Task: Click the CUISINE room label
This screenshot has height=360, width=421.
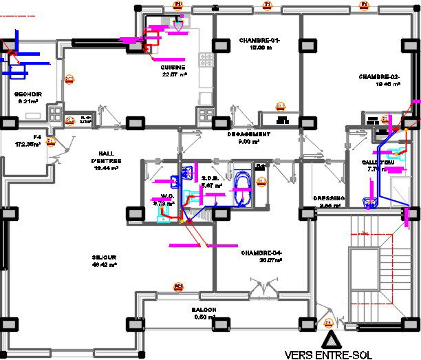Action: pyautogui.click(x=174, y=67)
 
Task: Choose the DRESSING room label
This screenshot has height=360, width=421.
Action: pyautogui.click(x=327, y=198)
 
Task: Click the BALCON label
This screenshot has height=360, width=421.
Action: pyautogui.click(x=204, y=310)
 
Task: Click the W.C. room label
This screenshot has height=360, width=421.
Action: pyautogui.click(x=164, y=196)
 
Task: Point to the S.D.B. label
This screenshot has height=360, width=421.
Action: pyautogui.click(x=210, y=178)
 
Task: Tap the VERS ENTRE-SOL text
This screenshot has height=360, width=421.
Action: pyautogui.click(x=332, y=354)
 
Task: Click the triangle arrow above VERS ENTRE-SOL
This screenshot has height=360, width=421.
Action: pyautogui.click(x=331, y=339)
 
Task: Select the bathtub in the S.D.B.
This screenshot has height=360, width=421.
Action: pyautogui.click(x=243, y=187)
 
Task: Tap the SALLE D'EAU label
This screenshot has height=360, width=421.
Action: pyautogui.click(x=375, y=162)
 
